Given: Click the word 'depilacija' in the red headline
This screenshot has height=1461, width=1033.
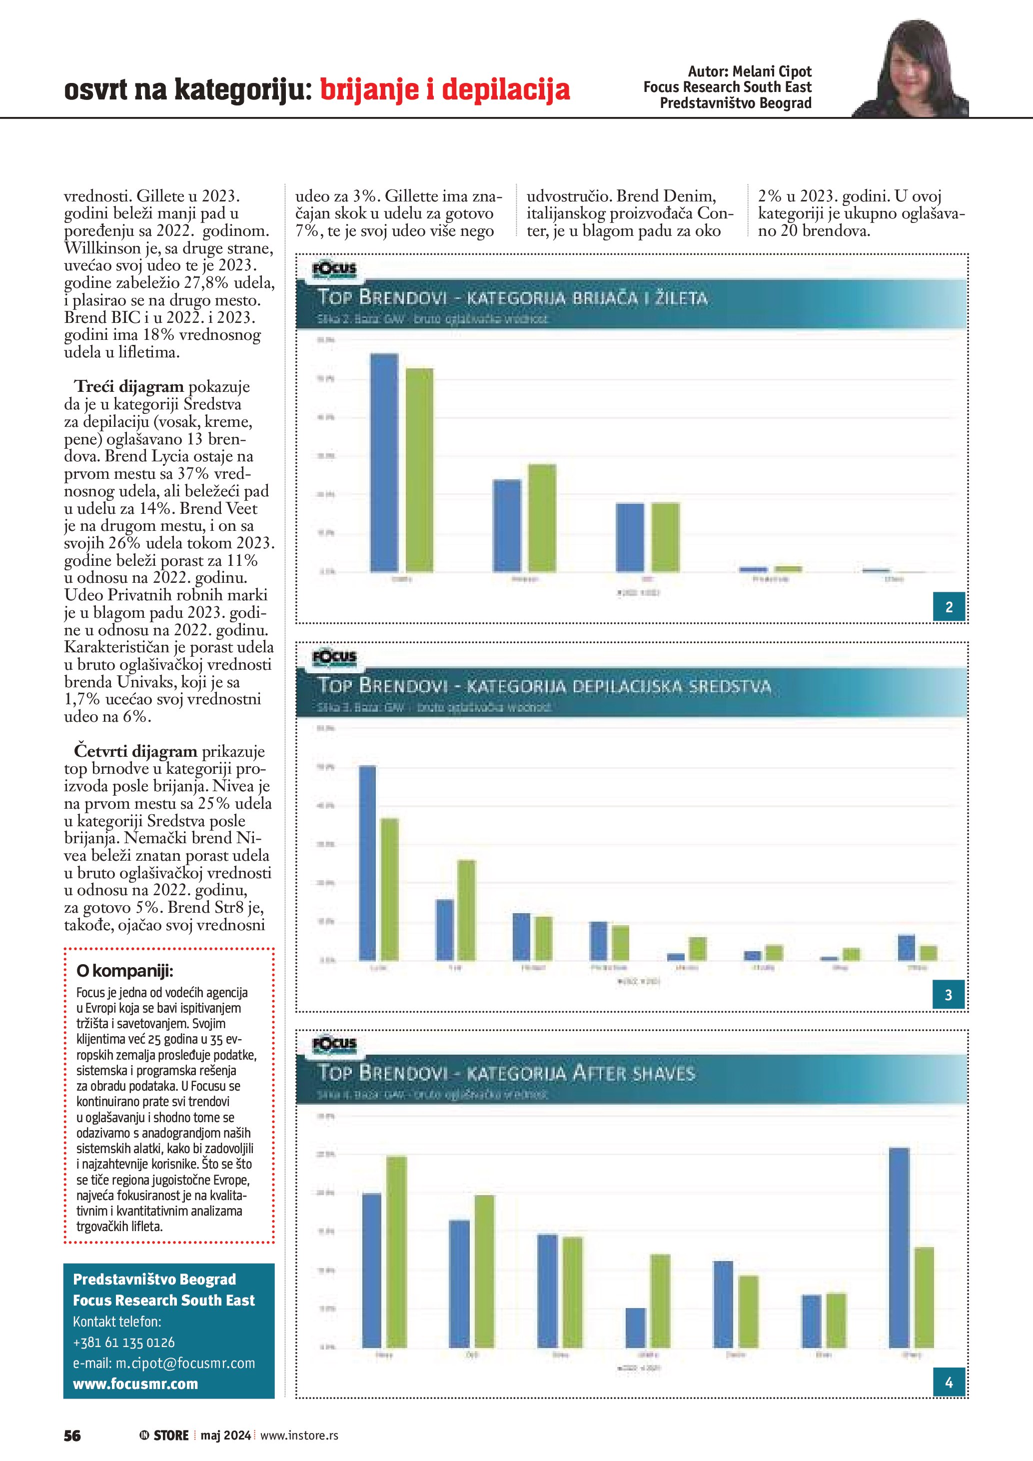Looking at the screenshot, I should click(x=506, y=89).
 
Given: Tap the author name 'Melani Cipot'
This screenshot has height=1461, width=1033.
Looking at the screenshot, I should click(x=772, y=71).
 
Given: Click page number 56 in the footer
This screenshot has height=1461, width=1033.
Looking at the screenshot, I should click(x=72, y=1436).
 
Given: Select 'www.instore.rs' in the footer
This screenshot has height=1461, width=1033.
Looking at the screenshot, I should click(x=299, y=1436).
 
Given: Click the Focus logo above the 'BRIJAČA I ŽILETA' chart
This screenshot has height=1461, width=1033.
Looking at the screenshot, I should click(x=334, y=270).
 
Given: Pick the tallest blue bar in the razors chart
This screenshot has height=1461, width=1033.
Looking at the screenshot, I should click(x=384, y=463).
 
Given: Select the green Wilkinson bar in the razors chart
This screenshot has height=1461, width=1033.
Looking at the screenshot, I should click(x=542, y=518).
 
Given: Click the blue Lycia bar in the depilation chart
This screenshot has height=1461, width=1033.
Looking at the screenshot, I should click(x=368, y=862).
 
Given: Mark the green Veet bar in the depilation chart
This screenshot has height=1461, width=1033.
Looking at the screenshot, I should click(x=466, y=910).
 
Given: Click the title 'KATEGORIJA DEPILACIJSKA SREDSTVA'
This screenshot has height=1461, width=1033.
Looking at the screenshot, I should click(x=618, y=687).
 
